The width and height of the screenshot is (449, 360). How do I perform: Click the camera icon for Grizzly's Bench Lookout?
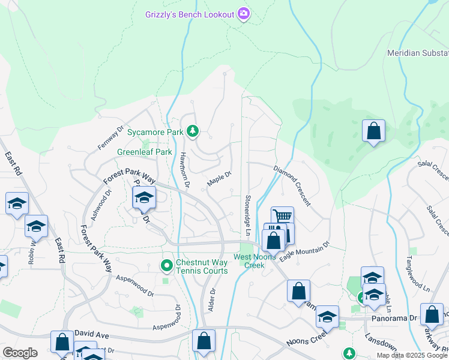coord(243,14)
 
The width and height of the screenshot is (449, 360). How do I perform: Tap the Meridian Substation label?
coord(418,53)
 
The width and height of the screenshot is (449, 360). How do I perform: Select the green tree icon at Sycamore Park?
coord(192,131)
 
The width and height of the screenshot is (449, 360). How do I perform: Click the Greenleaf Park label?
coord(144,152)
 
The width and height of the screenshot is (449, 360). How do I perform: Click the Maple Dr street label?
coord(219,178)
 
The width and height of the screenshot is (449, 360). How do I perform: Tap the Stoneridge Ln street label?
coord(247,214)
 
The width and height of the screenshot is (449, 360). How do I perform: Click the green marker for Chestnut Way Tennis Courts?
coord(166,264)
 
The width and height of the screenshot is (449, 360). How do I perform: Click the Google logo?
coord(20,353)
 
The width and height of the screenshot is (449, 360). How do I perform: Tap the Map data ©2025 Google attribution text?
coord(412,355)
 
